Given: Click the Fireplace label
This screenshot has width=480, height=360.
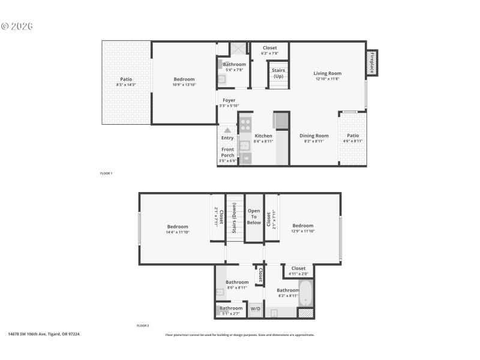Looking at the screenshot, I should [x=372, y=63].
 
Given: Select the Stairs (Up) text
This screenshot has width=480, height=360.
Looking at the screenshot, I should [x=278, y=73].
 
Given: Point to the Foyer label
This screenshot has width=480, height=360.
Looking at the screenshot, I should [x=229, y=100].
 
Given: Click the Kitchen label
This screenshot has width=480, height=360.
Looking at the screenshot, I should [x=263, y=136].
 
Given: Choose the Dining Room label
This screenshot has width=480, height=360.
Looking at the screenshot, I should [x=314, y=136].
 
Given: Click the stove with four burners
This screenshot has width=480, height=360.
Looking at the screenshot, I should [x=245, y=125].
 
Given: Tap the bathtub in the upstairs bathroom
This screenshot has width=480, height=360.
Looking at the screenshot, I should [x=305, y=293].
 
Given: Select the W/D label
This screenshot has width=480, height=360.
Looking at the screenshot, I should [x=255, y=308].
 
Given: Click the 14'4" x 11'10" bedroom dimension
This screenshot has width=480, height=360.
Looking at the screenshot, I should [x=178, y=232].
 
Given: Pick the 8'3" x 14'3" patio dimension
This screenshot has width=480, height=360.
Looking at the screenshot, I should [x=126, y=85].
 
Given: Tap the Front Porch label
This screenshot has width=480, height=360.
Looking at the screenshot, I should [x=228, y=152].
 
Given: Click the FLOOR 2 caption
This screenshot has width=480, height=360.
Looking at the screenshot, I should [x=143, y=325].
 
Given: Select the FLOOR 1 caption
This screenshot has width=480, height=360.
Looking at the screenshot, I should [x=106, y=173].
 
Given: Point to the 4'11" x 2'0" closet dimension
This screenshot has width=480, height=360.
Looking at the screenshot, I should [x=298, y=274].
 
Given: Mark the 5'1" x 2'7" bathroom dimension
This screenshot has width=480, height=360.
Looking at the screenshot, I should [x=231, y=313].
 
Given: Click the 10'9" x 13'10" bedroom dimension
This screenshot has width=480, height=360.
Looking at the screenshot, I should [x=184, y=85].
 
